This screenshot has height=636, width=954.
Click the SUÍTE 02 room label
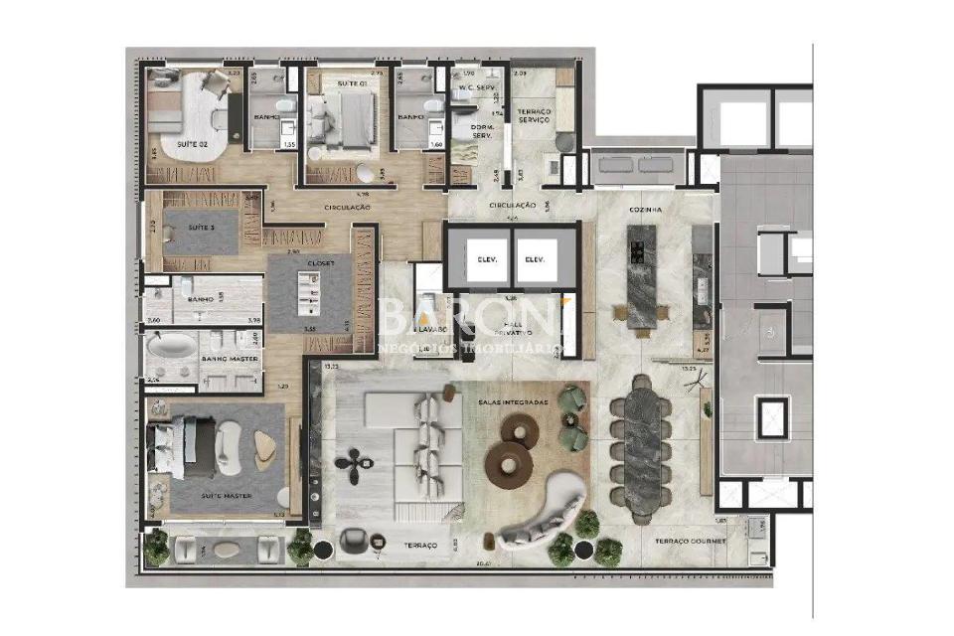coord(191,145)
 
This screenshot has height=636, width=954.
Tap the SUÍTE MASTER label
coord(226,495)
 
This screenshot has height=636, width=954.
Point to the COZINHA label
coord(645,210)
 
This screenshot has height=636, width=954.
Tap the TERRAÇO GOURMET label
coord(690,542)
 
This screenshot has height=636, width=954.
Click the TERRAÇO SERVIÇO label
coord(534,114)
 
